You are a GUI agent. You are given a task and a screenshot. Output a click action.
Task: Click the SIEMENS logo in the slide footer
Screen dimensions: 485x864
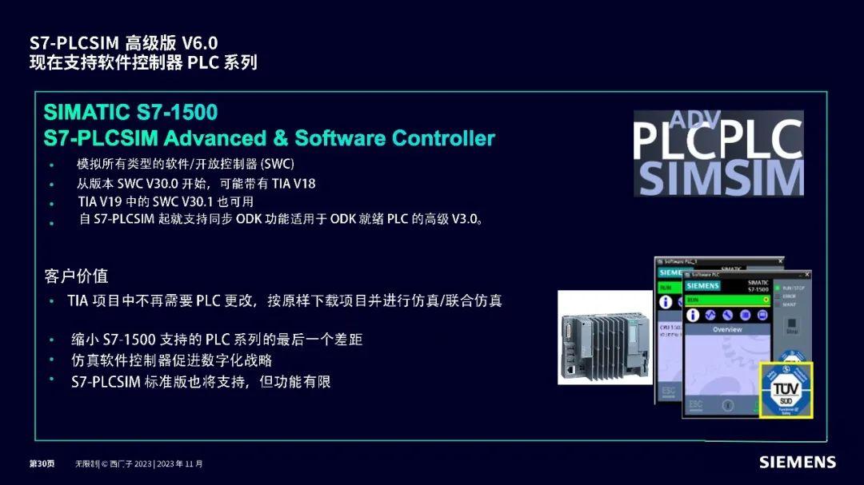tap(797, 463)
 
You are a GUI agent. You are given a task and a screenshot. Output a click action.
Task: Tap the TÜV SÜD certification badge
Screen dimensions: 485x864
tap(785, 389)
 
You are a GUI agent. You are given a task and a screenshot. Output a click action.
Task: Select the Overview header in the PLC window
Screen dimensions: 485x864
tap(727, 329)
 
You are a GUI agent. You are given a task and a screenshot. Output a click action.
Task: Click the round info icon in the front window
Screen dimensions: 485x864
tap(694, 315)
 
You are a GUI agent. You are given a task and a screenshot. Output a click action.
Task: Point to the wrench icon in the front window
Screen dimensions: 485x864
tap(726, 315)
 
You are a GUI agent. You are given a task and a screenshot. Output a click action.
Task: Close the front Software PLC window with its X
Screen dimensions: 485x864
tap(806, 274)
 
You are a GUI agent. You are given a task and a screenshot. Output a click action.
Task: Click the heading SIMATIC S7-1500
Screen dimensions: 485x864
tap(130, 112)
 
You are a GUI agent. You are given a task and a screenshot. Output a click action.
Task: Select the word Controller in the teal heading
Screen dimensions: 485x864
tap(443, 138)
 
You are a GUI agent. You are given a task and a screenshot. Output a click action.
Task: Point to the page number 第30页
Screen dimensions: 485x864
tap(42, 463)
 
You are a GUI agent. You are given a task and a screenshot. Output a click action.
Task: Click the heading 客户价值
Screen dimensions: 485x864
tap(76, 276)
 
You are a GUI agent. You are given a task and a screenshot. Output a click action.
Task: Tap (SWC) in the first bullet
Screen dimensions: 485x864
tap(278, 164)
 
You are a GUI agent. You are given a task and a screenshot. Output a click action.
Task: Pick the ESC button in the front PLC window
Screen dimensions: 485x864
tap(695, 404)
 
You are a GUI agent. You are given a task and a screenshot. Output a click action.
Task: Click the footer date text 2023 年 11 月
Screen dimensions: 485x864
tap(180, 463)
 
